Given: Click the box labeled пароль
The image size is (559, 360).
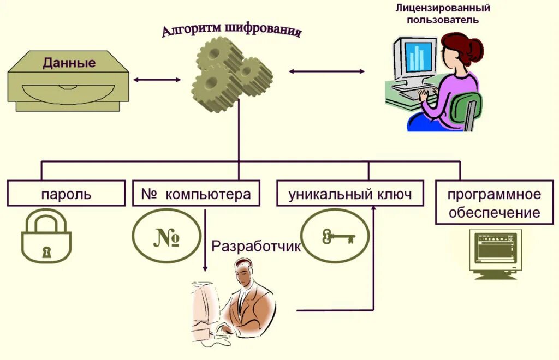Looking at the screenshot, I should (x=66, y=194).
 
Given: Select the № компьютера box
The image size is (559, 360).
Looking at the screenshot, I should (x=196, y=194).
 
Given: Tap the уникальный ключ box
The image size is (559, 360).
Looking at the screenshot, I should (x=350, y=194).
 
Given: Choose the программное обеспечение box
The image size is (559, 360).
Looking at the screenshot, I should (x=495, y=203).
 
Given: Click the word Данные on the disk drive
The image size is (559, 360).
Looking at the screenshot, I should (x=69, y=63).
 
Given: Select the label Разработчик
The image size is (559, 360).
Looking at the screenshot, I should (x=256, y=247).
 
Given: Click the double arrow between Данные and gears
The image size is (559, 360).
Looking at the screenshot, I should (x=157, y=80).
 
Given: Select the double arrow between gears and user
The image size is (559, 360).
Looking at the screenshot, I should (x=326, y=71).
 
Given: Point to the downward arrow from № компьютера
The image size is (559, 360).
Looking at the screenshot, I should (x=205, y=240).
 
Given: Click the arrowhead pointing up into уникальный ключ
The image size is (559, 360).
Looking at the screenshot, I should (x=374, y=208).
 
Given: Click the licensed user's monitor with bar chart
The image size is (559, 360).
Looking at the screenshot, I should (x=418, y=58).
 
